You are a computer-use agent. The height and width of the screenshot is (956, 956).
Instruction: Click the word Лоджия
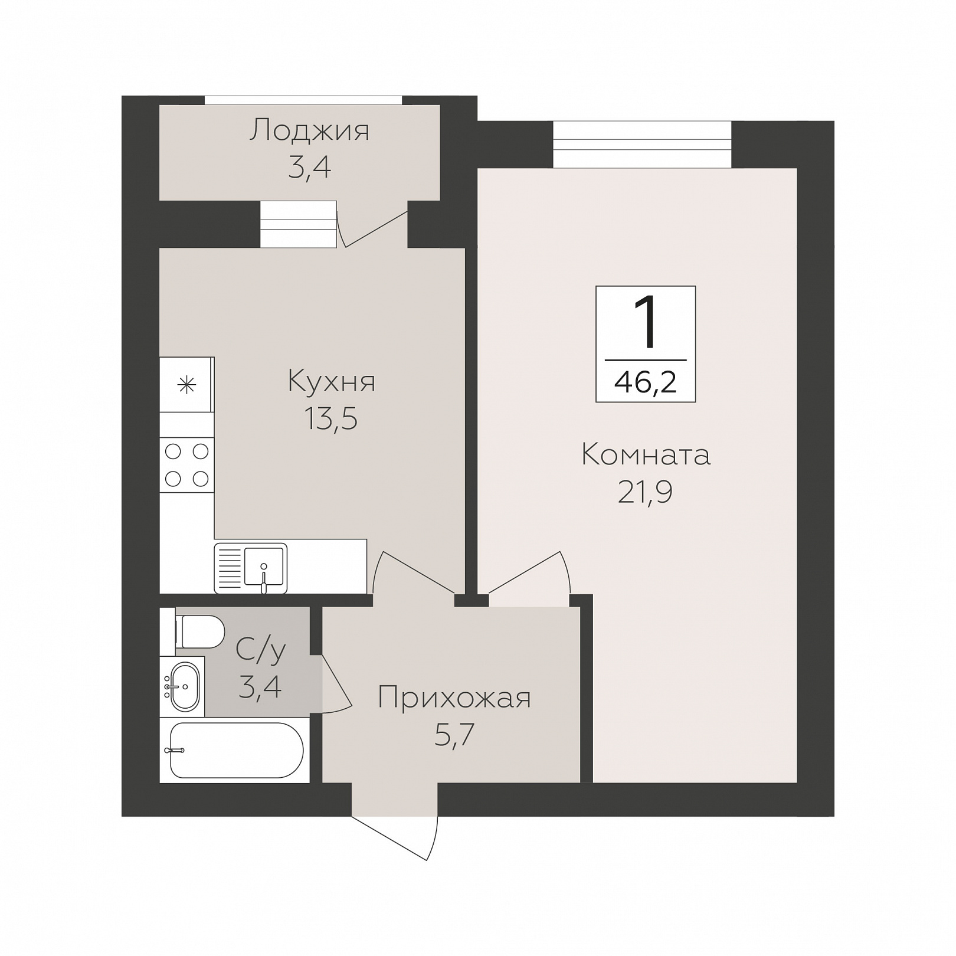(309, 130)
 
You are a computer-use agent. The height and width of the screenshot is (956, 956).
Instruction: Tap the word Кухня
(332, 381)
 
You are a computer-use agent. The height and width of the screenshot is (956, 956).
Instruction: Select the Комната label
(646, 455)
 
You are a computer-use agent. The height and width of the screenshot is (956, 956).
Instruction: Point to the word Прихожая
(454, 698)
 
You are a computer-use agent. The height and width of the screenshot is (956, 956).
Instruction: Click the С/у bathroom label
(261, 650)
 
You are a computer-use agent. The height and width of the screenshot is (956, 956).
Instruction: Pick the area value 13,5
(331, 420)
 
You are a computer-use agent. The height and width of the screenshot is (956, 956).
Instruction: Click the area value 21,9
(645, 492)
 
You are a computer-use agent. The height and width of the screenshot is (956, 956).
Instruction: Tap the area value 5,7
(454, 735)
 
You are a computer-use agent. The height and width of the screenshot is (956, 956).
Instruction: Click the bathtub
(236, 750)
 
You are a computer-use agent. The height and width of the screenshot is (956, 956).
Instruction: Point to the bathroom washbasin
(184, 686)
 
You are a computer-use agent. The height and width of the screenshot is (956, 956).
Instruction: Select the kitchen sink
(251, 568)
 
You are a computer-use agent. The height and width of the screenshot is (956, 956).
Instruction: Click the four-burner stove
(186, 465)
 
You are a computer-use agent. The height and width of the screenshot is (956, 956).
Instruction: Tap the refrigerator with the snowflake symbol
(186, 385)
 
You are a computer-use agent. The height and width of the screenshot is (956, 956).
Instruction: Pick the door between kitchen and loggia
(372, 225)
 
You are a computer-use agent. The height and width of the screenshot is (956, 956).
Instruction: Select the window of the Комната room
(642, 145)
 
